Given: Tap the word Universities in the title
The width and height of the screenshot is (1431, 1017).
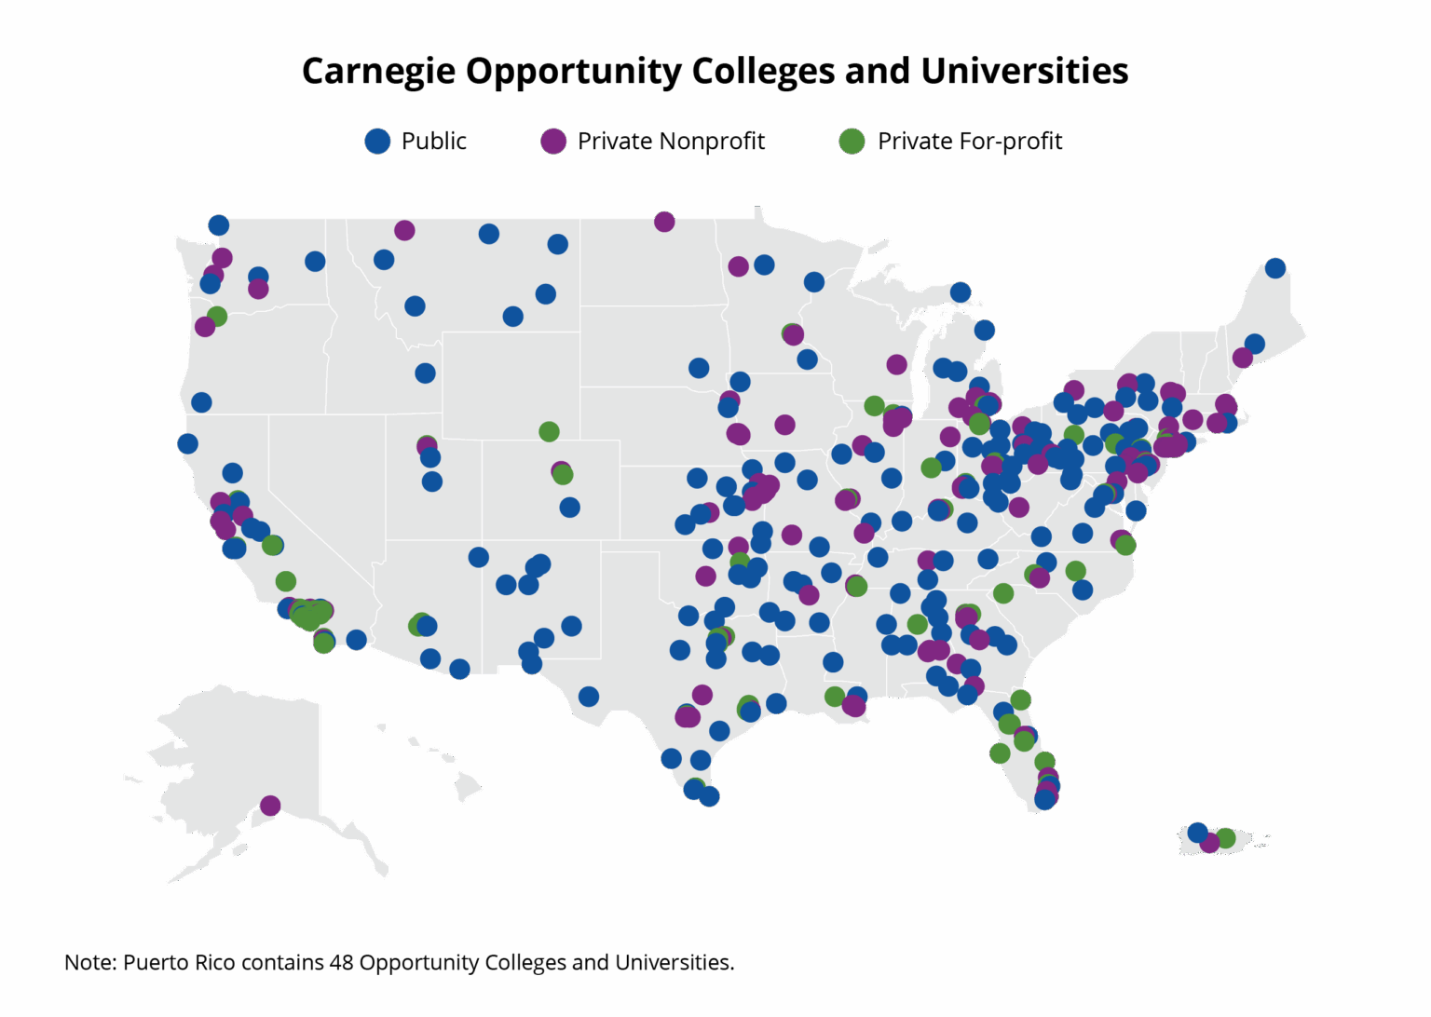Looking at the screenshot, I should pyautogui.click(x=1024, y=72).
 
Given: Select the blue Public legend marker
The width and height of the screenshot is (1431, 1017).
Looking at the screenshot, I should pyautogui.click(x=377, y=141).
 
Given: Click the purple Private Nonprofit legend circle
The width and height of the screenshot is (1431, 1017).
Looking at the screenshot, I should pyautogui.click(x=553, y=141).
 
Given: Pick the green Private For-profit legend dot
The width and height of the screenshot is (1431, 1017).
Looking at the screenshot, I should pyautogui.click(x=852, y=141).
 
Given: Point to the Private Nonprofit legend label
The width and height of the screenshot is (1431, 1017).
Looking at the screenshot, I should pyautogui.click(x=671, y=141).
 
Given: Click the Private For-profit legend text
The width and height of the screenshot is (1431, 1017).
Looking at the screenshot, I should pyautogui.click(x=970, y=141).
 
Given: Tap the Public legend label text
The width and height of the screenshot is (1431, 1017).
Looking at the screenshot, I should pyautogui.click(x=433, y=141).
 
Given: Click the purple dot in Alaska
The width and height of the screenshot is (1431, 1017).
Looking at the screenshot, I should pyautogui.click(x=270, y=805).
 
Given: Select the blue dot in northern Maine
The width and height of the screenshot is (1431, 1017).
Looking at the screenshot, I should pyautogui.click(x=1275, y=268).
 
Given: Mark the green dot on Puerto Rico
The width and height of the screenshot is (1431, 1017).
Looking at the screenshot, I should pyautogui.click(x=1226, y=838).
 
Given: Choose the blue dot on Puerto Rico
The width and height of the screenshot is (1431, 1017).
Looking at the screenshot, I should pyautogui.click(x=1197, y=832).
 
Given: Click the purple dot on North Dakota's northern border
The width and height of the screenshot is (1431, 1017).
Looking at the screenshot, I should pyautogui.click(x=664, y=221).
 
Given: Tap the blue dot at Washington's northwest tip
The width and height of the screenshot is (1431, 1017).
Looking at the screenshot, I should pyautogui.click(x=218, y=224).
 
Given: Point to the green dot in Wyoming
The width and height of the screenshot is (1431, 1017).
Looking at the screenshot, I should pyautogui.click(x=549, y=431).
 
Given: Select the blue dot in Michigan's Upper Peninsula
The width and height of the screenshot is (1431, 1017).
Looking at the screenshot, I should pyautogui.click(x=961, y=292).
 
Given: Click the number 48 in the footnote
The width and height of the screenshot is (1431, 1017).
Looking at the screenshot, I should pyautogui.click(x=341, y=962).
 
